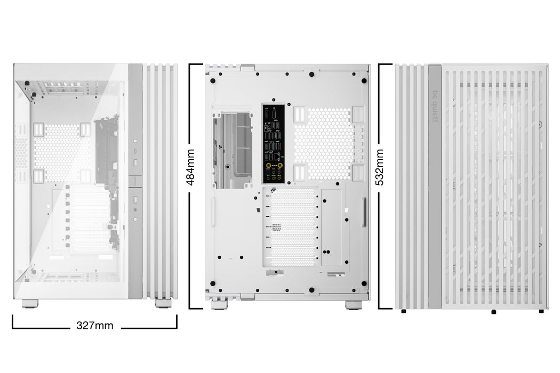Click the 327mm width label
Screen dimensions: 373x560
pyautogui.click(x=95, y=326)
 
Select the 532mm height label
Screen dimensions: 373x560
pyautogui.click(x=380, y=167)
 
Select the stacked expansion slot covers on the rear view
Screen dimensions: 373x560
pyautogui.click(x=292, y=226)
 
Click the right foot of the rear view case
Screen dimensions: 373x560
pyautogui.click(x=353, y=305)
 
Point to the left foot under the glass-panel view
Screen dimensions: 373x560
pyautogui.click(x=30, y=303)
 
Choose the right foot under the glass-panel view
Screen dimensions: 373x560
pyautogui.click(x=163, y=303)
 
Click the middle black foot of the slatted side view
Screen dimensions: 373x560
pyautogui.click(x=494, y=311)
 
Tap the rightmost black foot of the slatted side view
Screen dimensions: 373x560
pyautogui.click(x=541, y=311)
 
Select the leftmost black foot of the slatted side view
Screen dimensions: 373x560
pyautogui.click(x=403, y=311)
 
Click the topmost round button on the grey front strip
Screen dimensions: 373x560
pyautogui.click(x=135, y=141)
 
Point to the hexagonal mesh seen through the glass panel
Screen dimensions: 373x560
pyautogui.click(x=61, y=152)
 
